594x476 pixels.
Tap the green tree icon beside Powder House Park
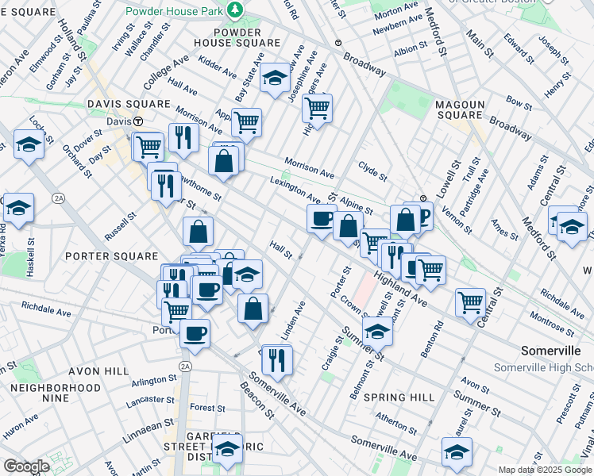click(235, 10)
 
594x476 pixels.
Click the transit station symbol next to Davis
click(137, 121)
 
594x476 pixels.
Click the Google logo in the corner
click(26, 466)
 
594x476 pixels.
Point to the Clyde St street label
click(372, 171)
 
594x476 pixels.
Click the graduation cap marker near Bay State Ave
click(275, 78)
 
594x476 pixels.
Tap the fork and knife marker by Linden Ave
click(277, 359)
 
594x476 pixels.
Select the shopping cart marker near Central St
click(470, 301)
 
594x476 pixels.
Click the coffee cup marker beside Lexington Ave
click(322, 219)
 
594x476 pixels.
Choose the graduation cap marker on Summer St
click(377, 332)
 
